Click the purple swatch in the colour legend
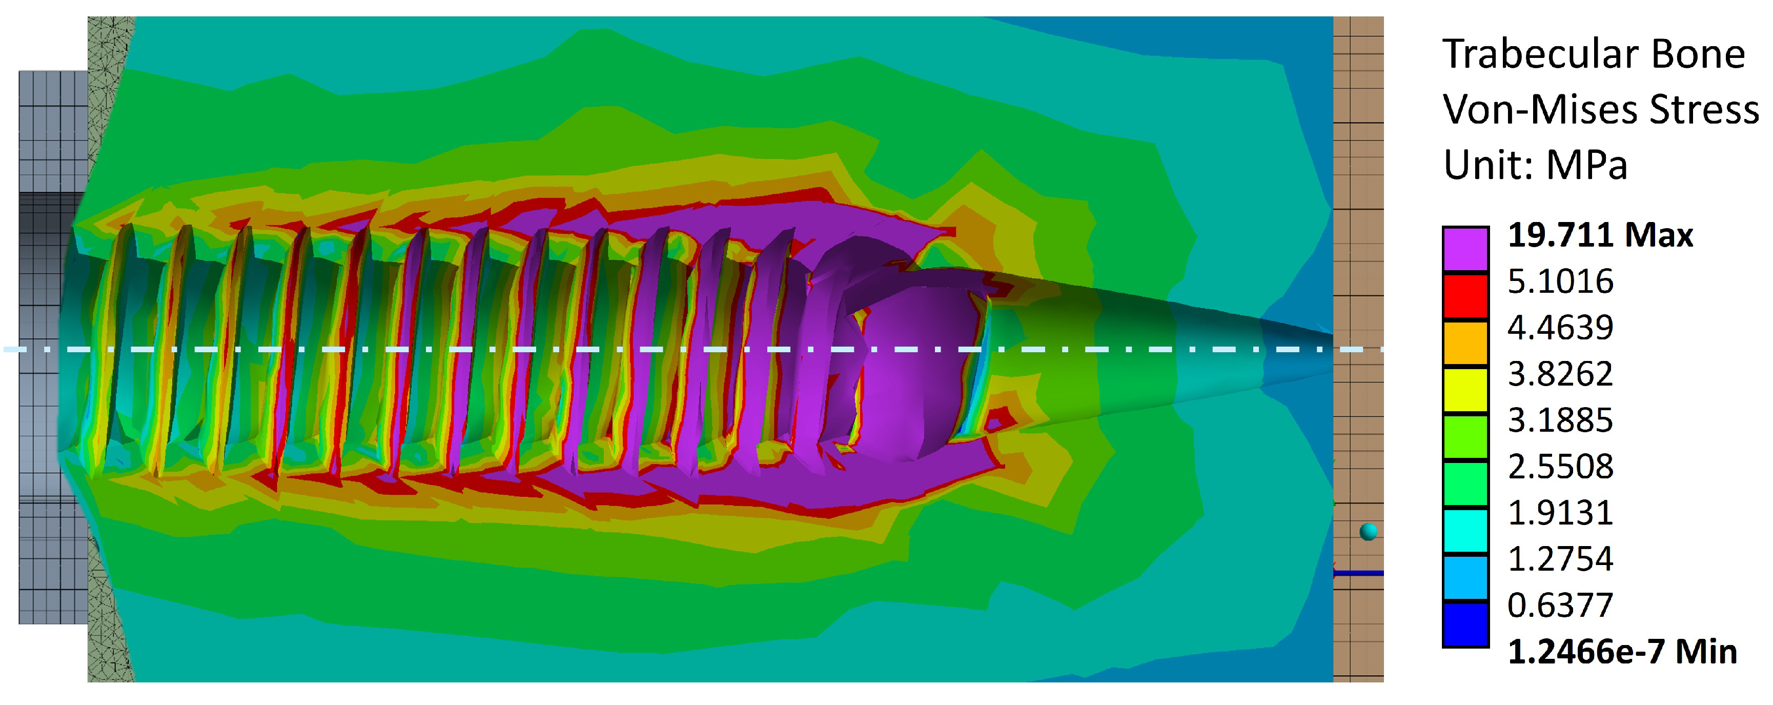pos(1465,249)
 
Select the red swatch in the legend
pos(1465,295)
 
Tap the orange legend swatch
pos(1465,342)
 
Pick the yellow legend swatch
pos(1465,389)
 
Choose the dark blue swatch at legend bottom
pos(1465,623)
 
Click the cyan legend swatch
pos(1465,530)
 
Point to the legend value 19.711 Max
pos(1600,235)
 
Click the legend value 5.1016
pos(1560,281)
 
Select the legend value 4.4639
pos(1560,328)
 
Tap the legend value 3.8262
pos(1560,374)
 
